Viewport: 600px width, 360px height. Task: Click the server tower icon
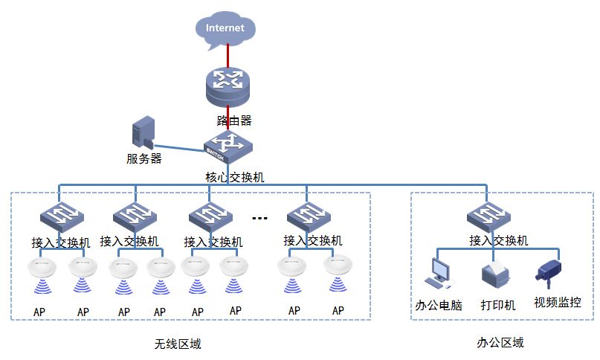pyautogui.click(x=143, y=134)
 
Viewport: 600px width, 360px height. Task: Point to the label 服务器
pyautogui.click(x=143, y=158)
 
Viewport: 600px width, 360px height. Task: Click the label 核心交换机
pyautogui.click(x=234, y=178)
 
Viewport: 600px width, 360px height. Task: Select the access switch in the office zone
pyautogui.click(x=488, y=216)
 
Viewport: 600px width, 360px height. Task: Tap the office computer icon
pyautogui.click(x=436, y=273)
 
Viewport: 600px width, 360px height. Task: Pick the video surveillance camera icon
pyautogui.click(x=549, y=272)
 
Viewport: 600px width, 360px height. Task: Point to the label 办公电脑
pyautogui.click(x=438, y=305)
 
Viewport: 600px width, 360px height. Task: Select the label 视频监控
pyautogui.click(x=557, y=303)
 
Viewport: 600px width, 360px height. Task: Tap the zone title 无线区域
pyautogui.click(x=177, y=344)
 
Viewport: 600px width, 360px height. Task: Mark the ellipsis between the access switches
pyautogui.click(x=259, y=218)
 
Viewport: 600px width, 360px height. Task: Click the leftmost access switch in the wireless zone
pyautogui.click(x=61, y=216)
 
